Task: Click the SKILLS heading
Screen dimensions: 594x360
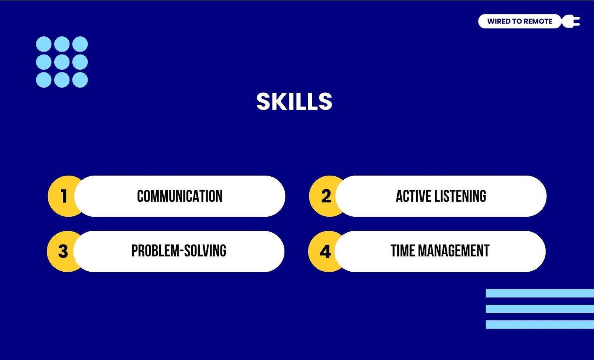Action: click(x=294, y=101)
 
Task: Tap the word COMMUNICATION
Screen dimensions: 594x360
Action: click(x=180, y=196)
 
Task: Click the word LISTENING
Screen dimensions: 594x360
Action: click(x=460, y=196)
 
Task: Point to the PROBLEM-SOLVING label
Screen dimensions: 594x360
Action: click(x=179, y=251)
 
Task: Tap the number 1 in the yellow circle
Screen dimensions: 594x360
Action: click(x=63, y=196)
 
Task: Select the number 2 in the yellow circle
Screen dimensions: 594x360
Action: click(x=326, y=196)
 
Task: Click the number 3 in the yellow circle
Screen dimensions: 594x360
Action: click(x=63, y=251)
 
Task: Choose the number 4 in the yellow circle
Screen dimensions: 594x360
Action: click(x=325, y=251)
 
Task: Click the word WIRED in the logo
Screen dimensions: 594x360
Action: click(x=497, y=22)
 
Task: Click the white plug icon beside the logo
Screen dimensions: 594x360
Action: click(x=571, y=22)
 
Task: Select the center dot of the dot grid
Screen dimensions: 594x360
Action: click(x=62, y=62)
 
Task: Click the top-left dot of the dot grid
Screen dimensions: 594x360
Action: click(x=44, y=44)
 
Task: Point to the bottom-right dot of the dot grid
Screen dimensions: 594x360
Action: click(x=80, y=80)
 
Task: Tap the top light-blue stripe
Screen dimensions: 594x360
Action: click(x=540, y=293)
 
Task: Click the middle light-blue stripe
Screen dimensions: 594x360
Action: click(x=540, y=309)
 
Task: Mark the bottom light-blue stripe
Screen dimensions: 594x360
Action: click(x=540, y=324)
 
